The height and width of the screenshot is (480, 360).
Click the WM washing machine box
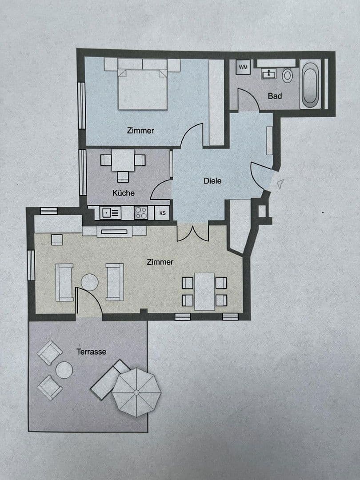coord(243,67)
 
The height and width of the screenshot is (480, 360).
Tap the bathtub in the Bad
coord(309,85)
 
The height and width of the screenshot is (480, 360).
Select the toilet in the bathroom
coord(288,75)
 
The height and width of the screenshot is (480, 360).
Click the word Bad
coord(275,96)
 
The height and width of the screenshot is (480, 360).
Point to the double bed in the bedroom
coord(143,87)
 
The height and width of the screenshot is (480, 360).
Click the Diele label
coord(212,181)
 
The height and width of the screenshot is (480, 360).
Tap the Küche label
coord(123,193)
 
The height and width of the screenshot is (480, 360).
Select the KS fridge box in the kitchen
coord(163,213)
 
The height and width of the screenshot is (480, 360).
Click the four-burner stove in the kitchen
coord(141,213)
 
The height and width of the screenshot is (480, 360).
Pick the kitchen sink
coord(111,213)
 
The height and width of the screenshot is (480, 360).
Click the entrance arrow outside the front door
coord(280,184)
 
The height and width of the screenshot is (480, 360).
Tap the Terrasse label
coord(91,352)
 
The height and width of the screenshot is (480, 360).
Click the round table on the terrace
coord(64,369)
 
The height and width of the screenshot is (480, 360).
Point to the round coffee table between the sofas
coord(89,282)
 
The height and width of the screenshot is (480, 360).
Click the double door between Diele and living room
coord(193,232)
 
